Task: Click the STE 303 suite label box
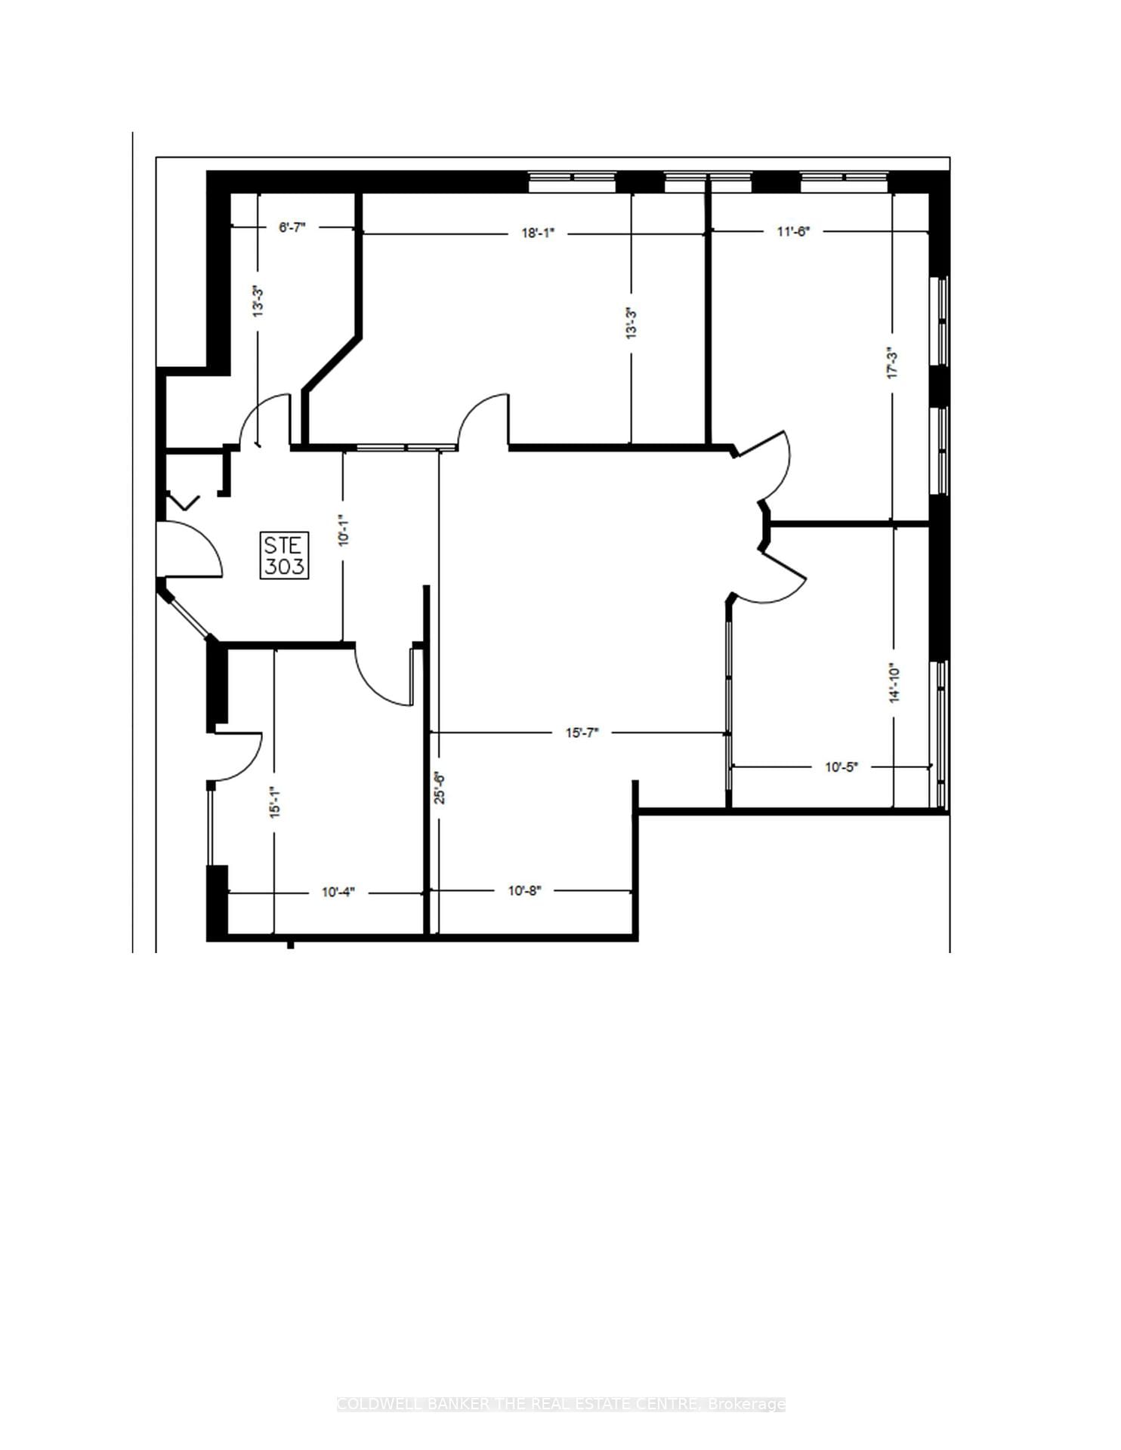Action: point(285,555)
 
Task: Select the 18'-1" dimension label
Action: point(538,233)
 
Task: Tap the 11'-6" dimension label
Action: point(793,232)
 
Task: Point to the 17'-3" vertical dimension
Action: point(893,362)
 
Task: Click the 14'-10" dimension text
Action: point(894,683)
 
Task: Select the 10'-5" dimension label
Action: point(841,767)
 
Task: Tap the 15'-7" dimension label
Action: point(582,733)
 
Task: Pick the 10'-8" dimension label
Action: point(524,891)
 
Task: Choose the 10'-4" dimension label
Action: point(338,893)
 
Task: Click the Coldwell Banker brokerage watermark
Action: point(560,1404)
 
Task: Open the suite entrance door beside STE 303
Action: point(190,550)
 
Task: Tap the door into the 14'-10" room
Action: point(778,578)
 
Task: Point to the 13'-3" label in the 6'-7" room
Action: point(258,301)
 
